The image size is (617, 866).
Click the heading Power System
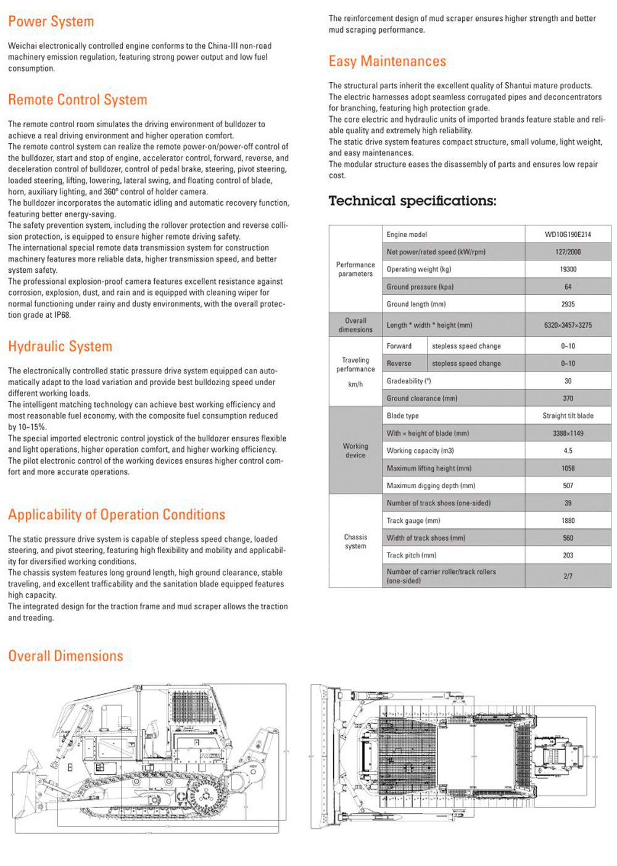51,22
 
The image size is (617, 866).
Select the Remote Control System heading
78,100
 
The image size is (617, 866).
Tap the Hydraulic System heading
60,347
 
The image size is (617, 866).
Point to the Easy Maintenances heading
387,62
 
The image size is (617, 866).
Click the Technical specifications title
412,201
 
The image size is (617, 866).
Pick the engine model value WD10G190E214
568,235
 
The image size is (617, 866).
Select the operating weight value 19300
568,270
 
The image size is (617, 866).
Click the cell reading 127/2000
568,252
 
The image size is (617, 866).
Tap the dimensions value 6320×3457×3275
568,325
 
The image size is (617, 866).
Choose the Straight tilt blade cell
568,416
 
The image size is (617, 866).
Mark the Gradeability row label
409,381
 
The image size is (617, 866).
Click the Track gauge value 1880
568,521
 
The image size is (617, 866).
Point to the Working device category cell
355,451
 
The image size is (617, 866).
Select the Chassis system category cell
355,541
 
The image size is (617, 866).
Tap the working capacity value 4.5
568,451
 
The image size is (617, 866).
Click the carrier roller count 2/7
568,577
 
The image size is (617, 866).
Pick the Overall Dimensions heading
65,656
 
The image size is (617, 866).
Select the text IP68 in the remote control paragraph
62,315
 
